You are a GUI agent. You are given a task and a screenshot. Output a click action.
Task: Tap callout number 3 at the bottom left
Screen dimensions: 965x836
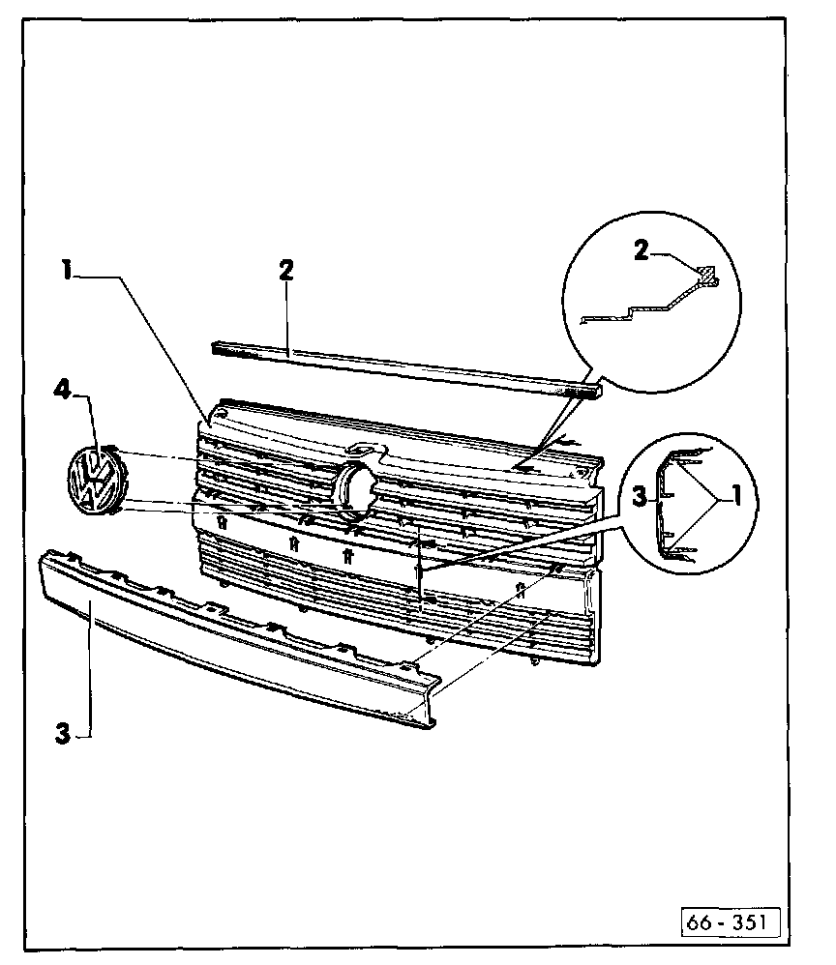click(63, 732)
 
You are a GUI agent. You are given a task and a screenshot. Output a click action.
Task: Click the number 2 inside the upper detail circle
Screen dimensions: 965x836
click(641, 250)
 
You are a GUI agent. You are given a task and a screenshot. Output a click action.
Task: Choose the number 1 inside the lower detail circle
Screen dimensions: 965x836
click(735, 497)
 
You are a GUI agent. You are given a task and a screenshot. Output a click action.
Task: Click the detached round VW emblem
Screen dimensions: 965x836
click(94, 480)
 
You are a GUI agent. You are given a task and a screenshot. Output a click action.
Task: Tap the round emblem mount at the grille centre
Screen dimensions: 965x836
click(355, 485)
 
